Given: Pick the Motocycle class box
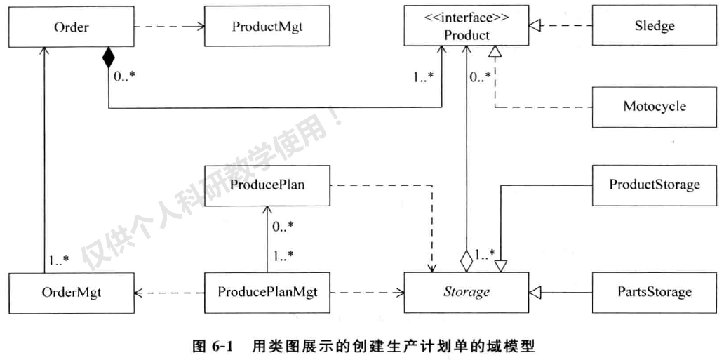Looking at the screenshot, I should click(654, 107).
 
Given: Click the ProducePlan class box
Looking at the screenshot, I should click(266, 185).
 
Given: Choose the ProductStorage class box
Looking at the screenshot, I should click(654, 185).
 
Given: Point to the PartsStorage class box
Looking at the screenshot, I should click(654, 292).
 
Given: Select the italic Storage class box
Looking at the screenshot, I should click(467, 292).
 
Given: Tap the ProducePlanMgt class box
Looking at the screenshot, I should click(266, 292).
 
